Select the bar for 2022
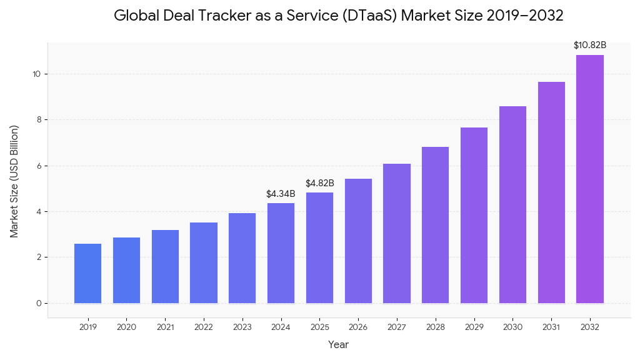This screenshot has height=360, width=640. [x=204, y=263]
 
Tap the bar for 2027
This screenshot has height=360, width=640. [x=397, y=234]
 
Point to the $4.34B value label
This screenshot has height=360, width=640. [x=281, y=194]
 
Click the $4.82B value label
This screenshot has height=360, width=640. [x=319, y=183]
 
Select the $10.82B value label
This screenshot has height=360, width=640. [x=590, y=45]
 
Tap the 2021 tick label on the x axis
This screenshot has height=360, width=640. [x=165, y=327]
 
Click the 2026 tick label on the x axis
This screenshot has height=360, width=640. [x=358, y=327]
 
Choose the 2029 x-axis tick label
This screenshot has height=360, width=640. [x=474, y=327]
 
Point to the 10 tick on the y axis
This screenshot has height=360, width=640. [x=37, y=74]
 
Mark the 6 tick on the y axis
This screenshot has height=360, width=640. [x=39, y=166]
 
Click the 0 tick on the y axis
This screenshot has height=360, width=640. [x=39, y=303]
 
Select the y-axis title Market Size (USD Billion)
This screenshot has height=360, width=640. [x=14, y=181]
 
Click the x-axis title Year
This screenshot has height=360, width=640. [x=339, y=344]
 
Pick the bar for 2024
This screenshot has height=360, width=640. [x=281, y=253]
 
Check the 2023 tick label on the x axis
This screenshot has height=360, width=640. [x=242, y=327]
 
